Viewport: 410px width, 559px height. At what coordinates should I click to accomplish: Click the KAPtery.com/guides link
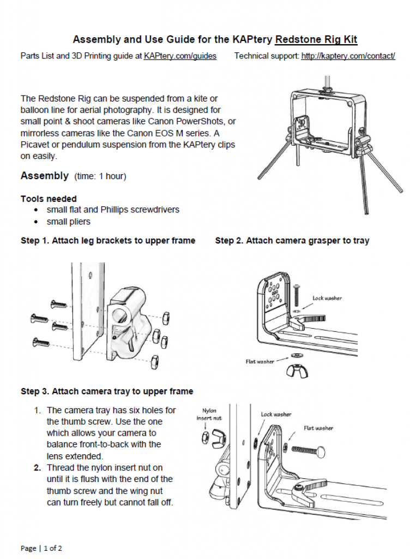(180, 56)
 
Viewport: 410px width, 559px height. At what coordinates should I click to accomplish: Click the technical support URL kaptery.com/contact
(348, 56)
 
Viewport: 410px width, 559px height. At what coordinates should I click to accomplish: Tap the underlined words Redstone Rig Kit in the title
(316, 39)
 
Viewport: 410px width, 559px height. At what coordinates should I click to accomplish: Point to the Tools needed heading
(49, 199)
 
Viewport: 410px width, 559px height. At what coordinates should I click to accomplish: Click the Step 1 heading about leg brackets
(107, 240)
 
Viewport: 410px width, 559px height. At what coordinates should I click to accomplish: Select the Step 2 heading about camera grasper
(292, 240)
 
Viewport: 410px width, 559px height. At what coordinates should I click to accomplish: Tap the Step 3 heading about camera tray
(107, 391)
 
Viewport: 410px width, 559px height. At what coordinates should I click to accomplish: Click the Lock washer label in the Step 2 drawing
(327, 298)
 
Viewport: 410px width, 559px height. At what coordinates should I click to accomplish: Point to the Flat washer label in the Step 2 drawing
(258, 361)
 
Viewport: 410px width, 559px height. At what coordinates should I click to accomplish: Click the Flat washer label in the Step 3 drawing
(319, 428)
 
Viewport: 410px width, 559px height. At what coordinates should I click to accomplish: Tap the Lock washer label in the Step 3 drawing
(276, 414)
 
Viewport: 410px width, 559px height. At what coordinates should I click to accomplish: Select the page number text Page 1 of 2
(41, 548)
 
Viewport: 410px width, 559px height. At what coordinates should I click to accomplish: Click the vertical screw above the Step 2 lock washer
(297, 295)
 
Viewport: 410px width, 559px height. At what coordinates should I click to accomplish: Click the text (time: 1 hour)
(100, 176)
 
